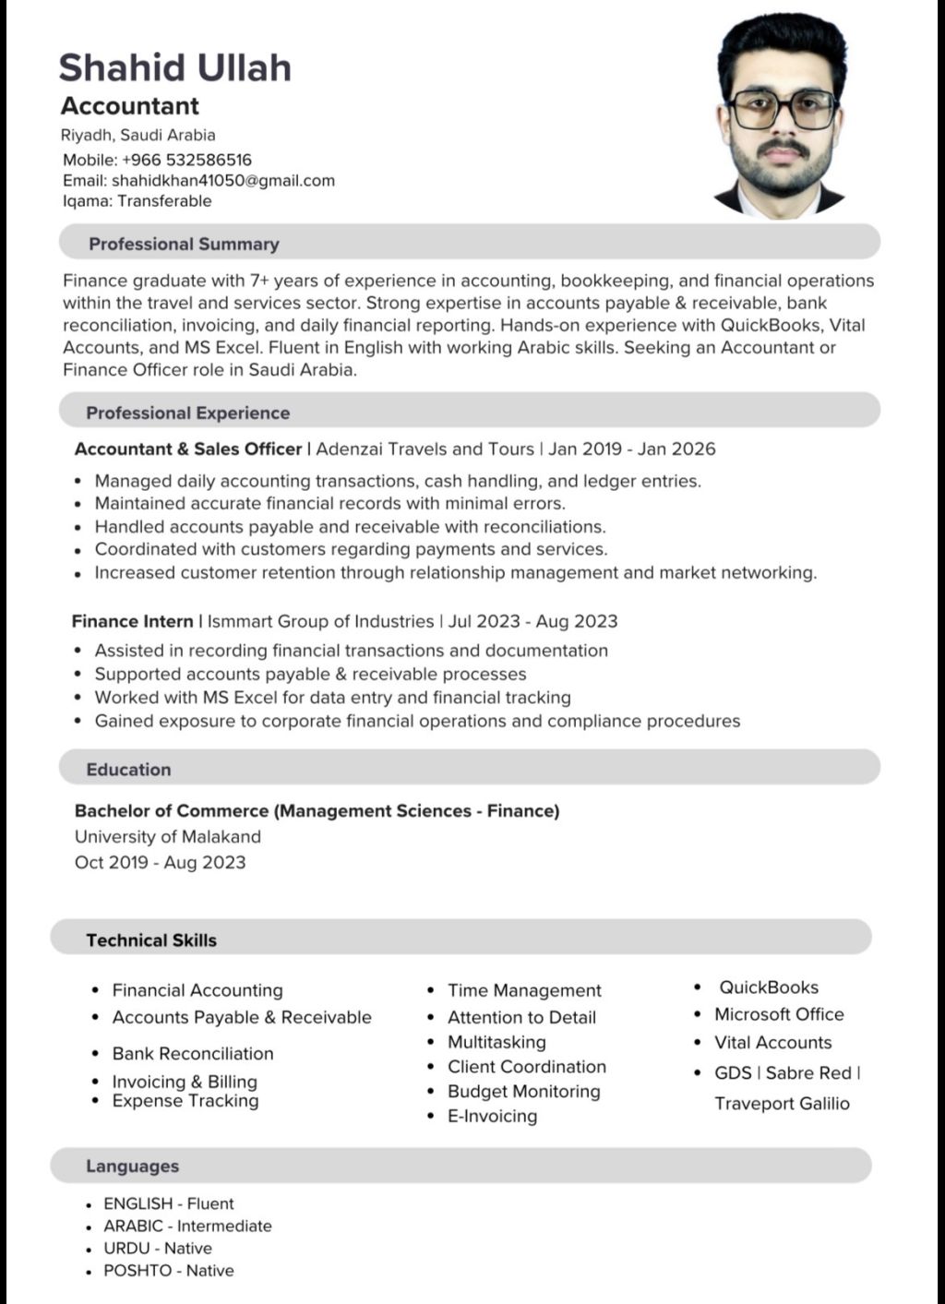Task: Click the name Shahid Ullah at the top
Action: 175,68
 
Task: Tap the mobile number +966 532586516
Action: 186,160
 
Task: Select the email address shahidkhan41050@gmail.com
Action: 223,181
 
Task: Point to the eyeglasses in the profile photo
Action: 783,110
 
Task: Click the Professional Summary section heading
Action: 184,245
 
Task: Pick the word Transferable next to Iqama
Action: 164,201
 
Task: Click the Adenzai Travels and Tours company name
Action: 425,449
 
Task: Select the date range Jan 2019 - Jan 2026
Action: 632,449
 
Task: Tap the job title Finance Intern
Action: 132,622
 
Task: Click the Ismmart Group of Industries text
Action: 320,622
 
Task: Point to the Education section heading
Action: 128,770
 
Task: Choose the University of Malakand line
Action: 168,837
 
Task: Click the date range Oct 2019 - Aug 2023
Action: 161,863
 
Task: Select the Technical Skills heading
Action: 151,940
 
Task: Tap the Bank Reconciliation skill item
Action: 193,1054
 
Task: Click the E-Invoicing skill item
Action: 492,1117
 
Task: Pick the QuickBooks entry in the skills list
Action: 769,987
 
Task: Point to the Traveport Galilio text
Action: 782,1104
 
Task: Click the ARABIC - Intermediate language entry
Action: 187,1226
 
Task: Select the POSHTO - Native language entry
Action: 169,1271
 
